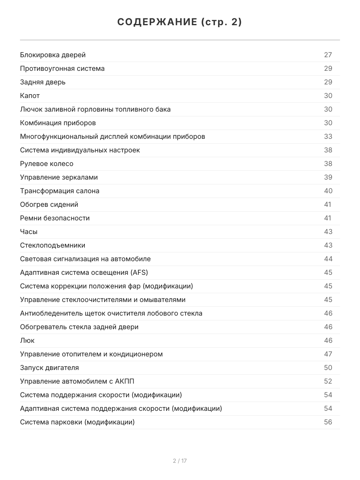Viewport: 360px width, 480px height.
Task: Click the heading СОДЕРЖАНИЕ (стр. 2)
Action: click(x=180, y=22)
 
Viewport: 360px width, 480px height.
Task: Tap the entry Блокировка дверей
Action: click(x=53, y=55)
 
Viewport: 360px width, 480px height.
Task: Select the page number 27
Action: click(x=328, y=55)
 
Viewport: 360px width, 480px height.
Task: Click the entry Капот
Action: click(x=30, y=96)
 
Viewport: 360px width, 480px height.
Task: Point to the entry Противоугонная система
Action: click(x=62, y=68)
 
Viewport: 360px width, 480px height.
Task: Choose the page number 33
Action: click(x=328, y=136)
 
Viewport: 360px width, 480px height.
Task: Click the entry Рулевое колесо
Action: click(x=47, y=164)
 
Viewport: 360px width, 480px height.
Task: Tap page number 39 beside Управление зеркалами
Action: click(x=328, y=177)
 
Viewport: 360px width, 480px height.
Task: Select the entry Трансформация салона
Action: click(x=60, y=191)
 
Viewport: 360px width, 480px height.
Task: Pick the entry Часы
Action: click(x=29, y=232)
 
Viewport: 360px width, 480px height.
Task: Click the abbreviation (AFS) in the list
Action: click(x=139, y=272)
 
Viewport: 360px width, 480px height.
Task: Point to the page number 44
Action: click(x=328, y=259)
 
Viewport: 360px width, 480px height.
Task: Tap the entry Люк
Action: click(x=27, y=340)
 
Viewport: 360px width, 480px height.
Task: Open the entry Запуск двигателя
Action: click(x=50, y=368)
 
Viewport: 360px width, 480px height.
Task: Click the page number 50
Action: click(x=328, y=368)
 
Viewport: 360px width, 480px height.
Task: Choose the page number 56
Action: click(x=328, y=422)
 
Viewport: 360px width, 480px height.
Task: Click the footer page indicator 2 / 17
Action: click(x=180, y=461)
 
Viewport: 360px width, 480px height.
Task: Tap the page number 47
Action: click(x=328, y=354)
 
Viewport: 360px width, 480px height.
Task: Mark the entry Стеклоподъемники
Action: click(x=52, y=245)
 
